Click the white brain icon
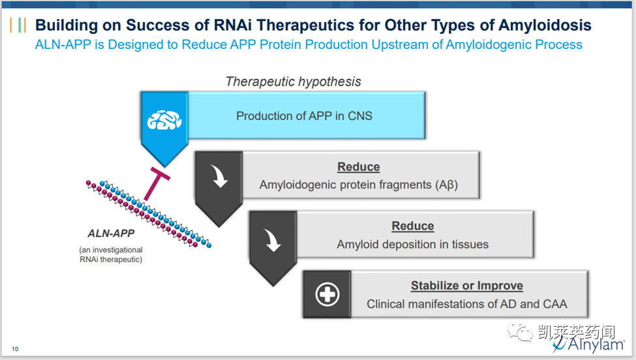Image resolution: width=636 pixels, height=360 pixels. [164, 119]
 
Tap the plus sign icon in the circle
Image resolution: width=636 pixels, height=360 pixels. [327, 295]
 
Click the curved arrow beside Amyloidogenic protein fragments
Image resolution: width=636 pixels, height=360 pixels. [219, 177]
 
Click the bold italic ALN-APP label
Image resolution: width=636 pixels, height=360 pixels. [111, 233]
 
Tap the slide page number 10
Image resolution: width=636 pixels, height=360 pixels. [15, 350]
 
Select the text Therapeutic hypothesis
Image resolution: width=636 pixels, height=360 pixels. [293, 82]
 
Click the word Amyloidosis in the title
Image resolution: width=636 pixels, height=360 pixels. [545, 25]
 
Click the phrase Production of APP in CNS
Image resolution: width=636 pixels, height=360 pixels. [304, 116]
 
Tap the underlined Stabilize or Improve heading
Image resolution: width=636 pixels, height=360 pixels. [466, 286]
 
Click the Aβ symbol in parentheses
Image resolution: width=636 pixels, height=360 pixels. [447, 185]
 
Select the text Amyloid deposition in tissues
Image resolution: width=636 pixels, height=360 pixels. [412, 245]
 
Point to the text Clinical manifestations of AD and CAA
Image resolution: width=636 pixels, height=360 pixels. [466, 304]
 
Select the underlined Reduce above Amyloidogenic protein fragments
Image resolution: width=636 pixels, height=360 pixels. [358, 167]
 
